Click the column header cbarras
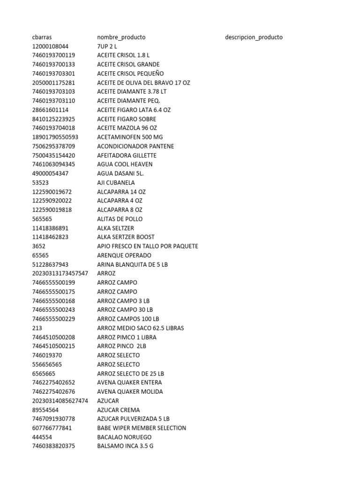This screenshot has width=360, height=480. (x=42, y=37)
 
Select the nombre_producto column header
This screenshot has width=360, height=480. (x=121, y=37)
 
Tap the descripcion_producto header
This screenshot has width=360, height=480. (x=254, y=37)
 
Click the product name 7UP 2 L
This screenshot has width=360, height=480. (x=107, y=46)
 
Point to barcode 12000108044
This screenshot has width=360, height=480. (x=50, y=46)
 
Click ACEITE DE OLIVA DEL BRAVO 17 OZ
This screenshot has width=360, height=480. (x=143, y=82)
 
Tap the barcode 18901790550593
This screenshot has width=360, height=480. (x=55, y=137)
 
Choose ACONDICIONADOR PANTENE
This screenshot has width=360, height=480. (x=135, y=146)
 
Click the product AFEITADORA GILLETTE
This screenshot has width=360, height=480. (x=127, y=155)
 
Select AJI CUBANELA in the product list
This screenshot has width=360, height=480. (x=116, y=183)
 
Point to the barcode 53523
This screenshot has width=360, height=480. (x=40, y=183)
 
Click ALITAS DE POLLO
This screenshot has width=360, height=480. (x=120, y=219)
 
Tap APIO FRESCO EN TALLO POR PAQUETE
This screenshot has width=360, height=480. (x=147, y=246)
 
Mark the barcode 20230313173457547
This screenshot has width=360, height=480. (x=60, y=273)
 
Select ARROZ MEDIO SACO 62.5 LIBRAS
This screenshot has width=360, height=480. (x=140, y=328)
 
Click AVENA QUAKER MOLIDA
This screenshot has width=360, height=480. (x=130, y=391)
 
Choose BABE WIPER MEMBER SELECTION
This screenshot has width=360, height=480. (x=141, y=428)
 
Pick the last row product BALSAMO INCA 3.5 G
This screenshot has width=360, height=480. (x=125, y=446)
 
